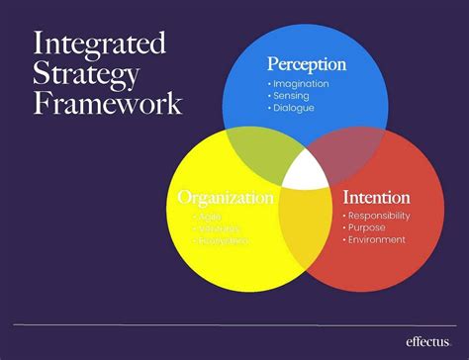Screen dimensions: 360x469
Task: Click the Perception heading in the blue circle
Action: tap(307, 64)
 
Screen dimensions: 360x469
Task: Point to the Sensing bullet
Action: tap(291, 95)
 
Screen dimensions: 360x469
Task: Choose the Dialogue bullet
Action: tap(293, 107)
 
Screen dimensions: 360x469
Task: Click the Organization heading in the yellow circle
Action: tap(226, 198)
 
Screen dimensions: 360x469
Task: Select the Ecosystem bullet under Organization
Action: tap(215, 240)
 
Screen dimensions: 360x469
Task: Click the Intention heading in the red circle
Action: tap(376, 197)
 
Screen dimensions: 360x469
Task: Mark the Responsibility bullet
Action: tap(381, 215)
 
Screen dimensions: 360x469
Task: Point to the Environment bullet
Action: tap(375, 238)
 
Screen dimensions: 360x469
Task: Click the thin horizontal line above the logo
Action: tap(234, 324)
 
